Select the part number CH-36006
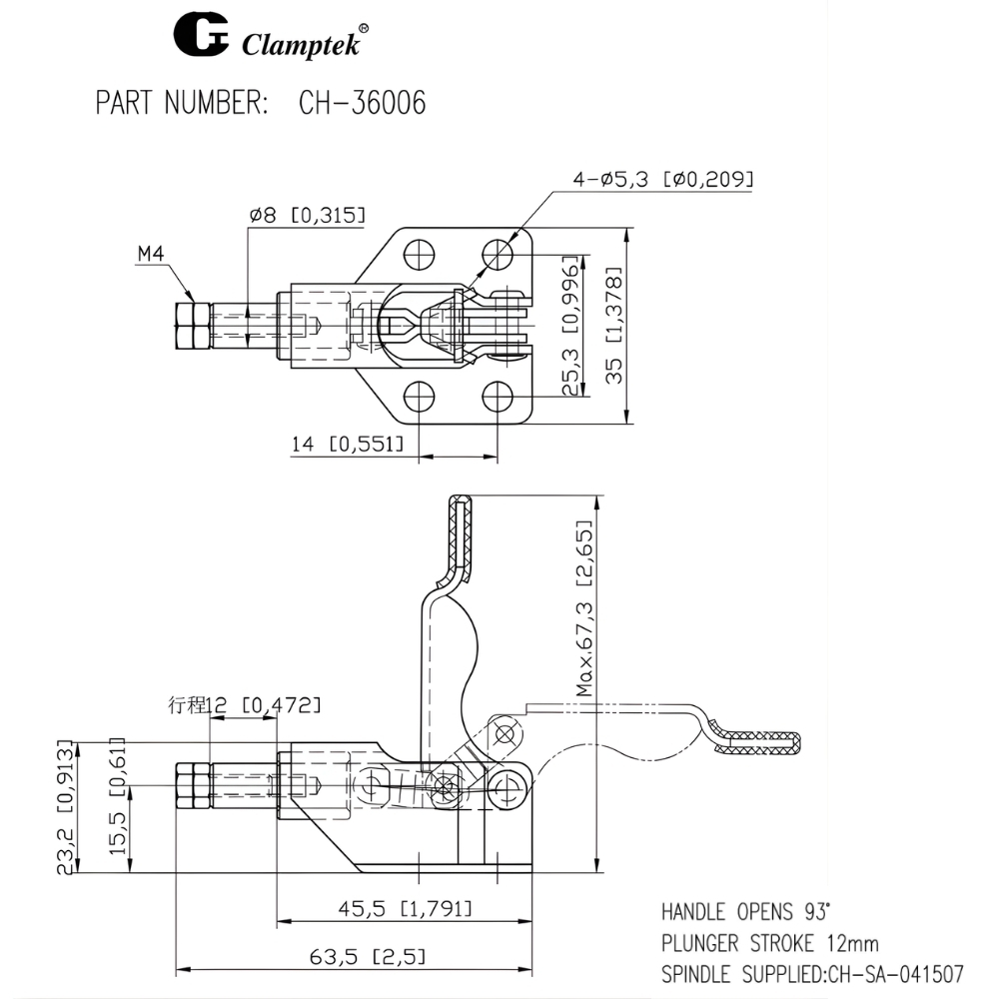[362, 104]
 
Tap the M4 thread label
[150, 255]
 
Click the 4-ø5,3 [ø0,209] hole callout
[662, 179]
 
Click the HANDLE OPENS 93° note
[745, 912]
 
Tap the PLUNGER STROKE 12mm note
[769, 942]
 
